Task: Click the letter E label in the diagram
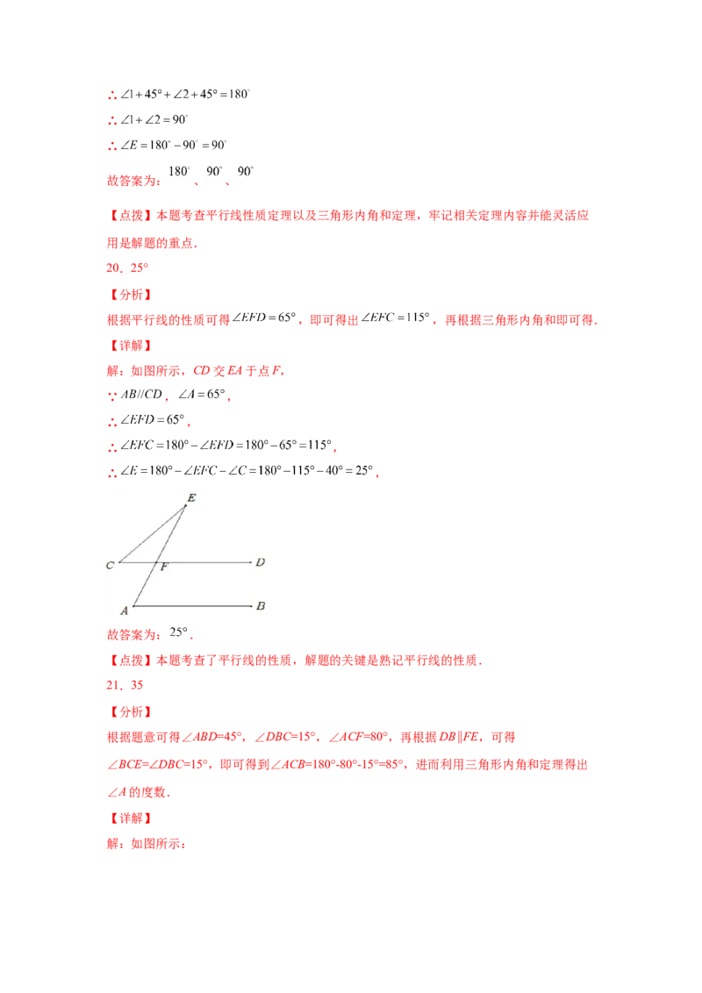point(191,497)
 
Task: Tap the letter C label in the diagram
point(111,566)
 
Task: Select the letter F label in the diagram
point(164,568)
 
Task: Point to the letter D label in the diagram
point(260,561)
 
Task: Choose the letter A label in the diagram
point(124,610)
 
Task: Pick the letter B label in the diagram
point(261,605)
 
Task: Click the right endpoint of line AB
point(252,605)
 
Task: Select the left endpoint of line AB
point(133,605)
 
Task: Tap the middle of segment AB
point(192,605)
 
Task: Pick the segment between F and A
point(145,583)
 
